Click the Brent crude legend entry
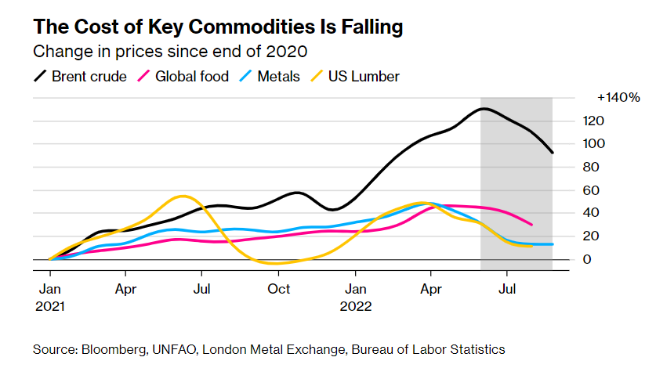pyautogui.click(x=79, y=76)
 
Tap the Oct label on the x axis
pyautogui.click(x=279, y=289)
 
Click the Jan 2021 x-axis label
pyautogui.click(x=49, y=297)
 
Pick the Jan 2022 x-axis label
pyautogui.click(x=355, y=297)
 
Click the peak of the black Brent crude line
pyautogui.click(x=484, y=108)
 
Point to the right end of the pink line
pyautogui.click(x=532, y=225)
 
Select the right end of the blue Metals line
pyautogui.click(x=552, y=244)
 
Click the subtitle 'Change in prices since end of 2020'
pyautogui.click(x=169, y=52)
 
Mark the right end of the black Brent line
pyautogui.click(x=553, y=153)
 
